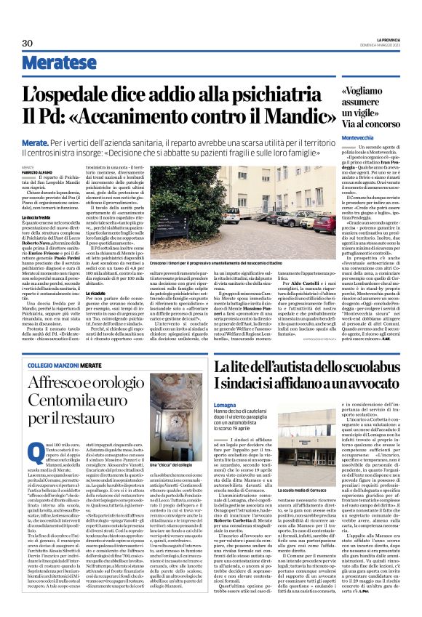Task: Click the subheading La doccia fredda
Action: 36,217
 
